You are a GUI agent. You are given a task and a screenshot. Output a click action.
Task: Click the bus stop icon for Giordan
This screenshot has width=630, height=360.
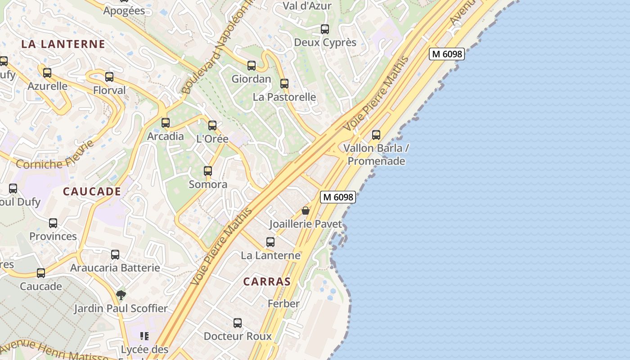coord(252,66)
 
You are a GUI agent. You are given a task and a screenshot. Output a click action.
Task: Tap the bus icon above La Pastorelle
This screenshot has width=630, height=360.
coord(284,84)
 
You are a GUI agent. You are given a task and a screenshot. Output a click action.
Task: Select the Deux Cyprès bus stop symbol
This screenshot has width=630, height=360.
coord(325,29)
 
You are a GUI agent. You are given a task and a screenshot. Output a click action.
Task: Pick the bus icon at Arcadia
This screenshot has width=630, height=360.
coord(166,123)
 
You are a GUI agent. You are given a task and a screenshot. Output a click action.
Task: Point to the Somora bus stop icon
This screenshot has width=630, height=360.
coord(207,171)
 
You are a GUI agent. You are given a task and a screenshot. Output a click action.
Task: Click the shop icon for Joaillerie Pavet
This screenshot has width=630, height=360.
coord(306,211)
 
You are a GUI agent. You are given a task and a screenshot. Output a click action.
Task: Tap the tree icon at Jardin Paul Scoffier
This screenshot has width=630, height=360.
coord(121,295)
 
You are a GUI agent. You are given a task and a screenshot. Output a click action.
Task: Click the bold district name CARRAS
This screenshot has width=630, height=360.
coord(267,282)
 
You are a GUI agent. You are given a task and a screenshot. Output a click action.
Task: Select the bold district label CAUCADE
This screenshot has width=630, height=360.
coord(92,191)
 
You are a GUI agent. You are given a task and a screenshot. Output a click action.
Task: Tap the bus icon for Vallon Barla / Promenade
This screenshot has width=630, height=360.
coord(376,135)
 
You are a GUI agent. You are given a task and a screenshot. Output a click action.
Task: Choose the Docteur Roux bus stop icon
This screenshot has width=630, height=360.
coord(238,323)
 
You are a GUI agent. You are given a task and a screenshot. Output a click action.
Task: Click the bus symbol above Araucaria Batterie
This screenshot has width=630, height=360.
coord(115,255)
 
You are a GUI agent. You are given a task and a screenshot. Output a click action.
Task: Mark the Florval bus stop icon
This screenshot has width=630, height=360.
coord(109,77)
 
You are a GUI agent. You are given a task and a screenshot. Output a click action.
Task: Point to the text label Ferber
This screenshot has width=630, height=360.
coord(283,304)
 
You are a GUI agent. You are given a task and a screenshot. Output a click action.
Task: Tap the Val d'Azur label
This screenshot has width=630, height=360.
coord(307,6)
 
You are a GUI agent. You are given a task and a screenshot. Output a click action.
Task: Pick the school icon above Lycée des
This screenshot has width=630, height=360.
coord(144,336)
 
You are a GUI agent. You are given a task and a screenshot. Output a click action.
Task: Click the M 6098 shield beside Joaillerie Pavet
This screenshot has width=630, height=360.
coord(338,197)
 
